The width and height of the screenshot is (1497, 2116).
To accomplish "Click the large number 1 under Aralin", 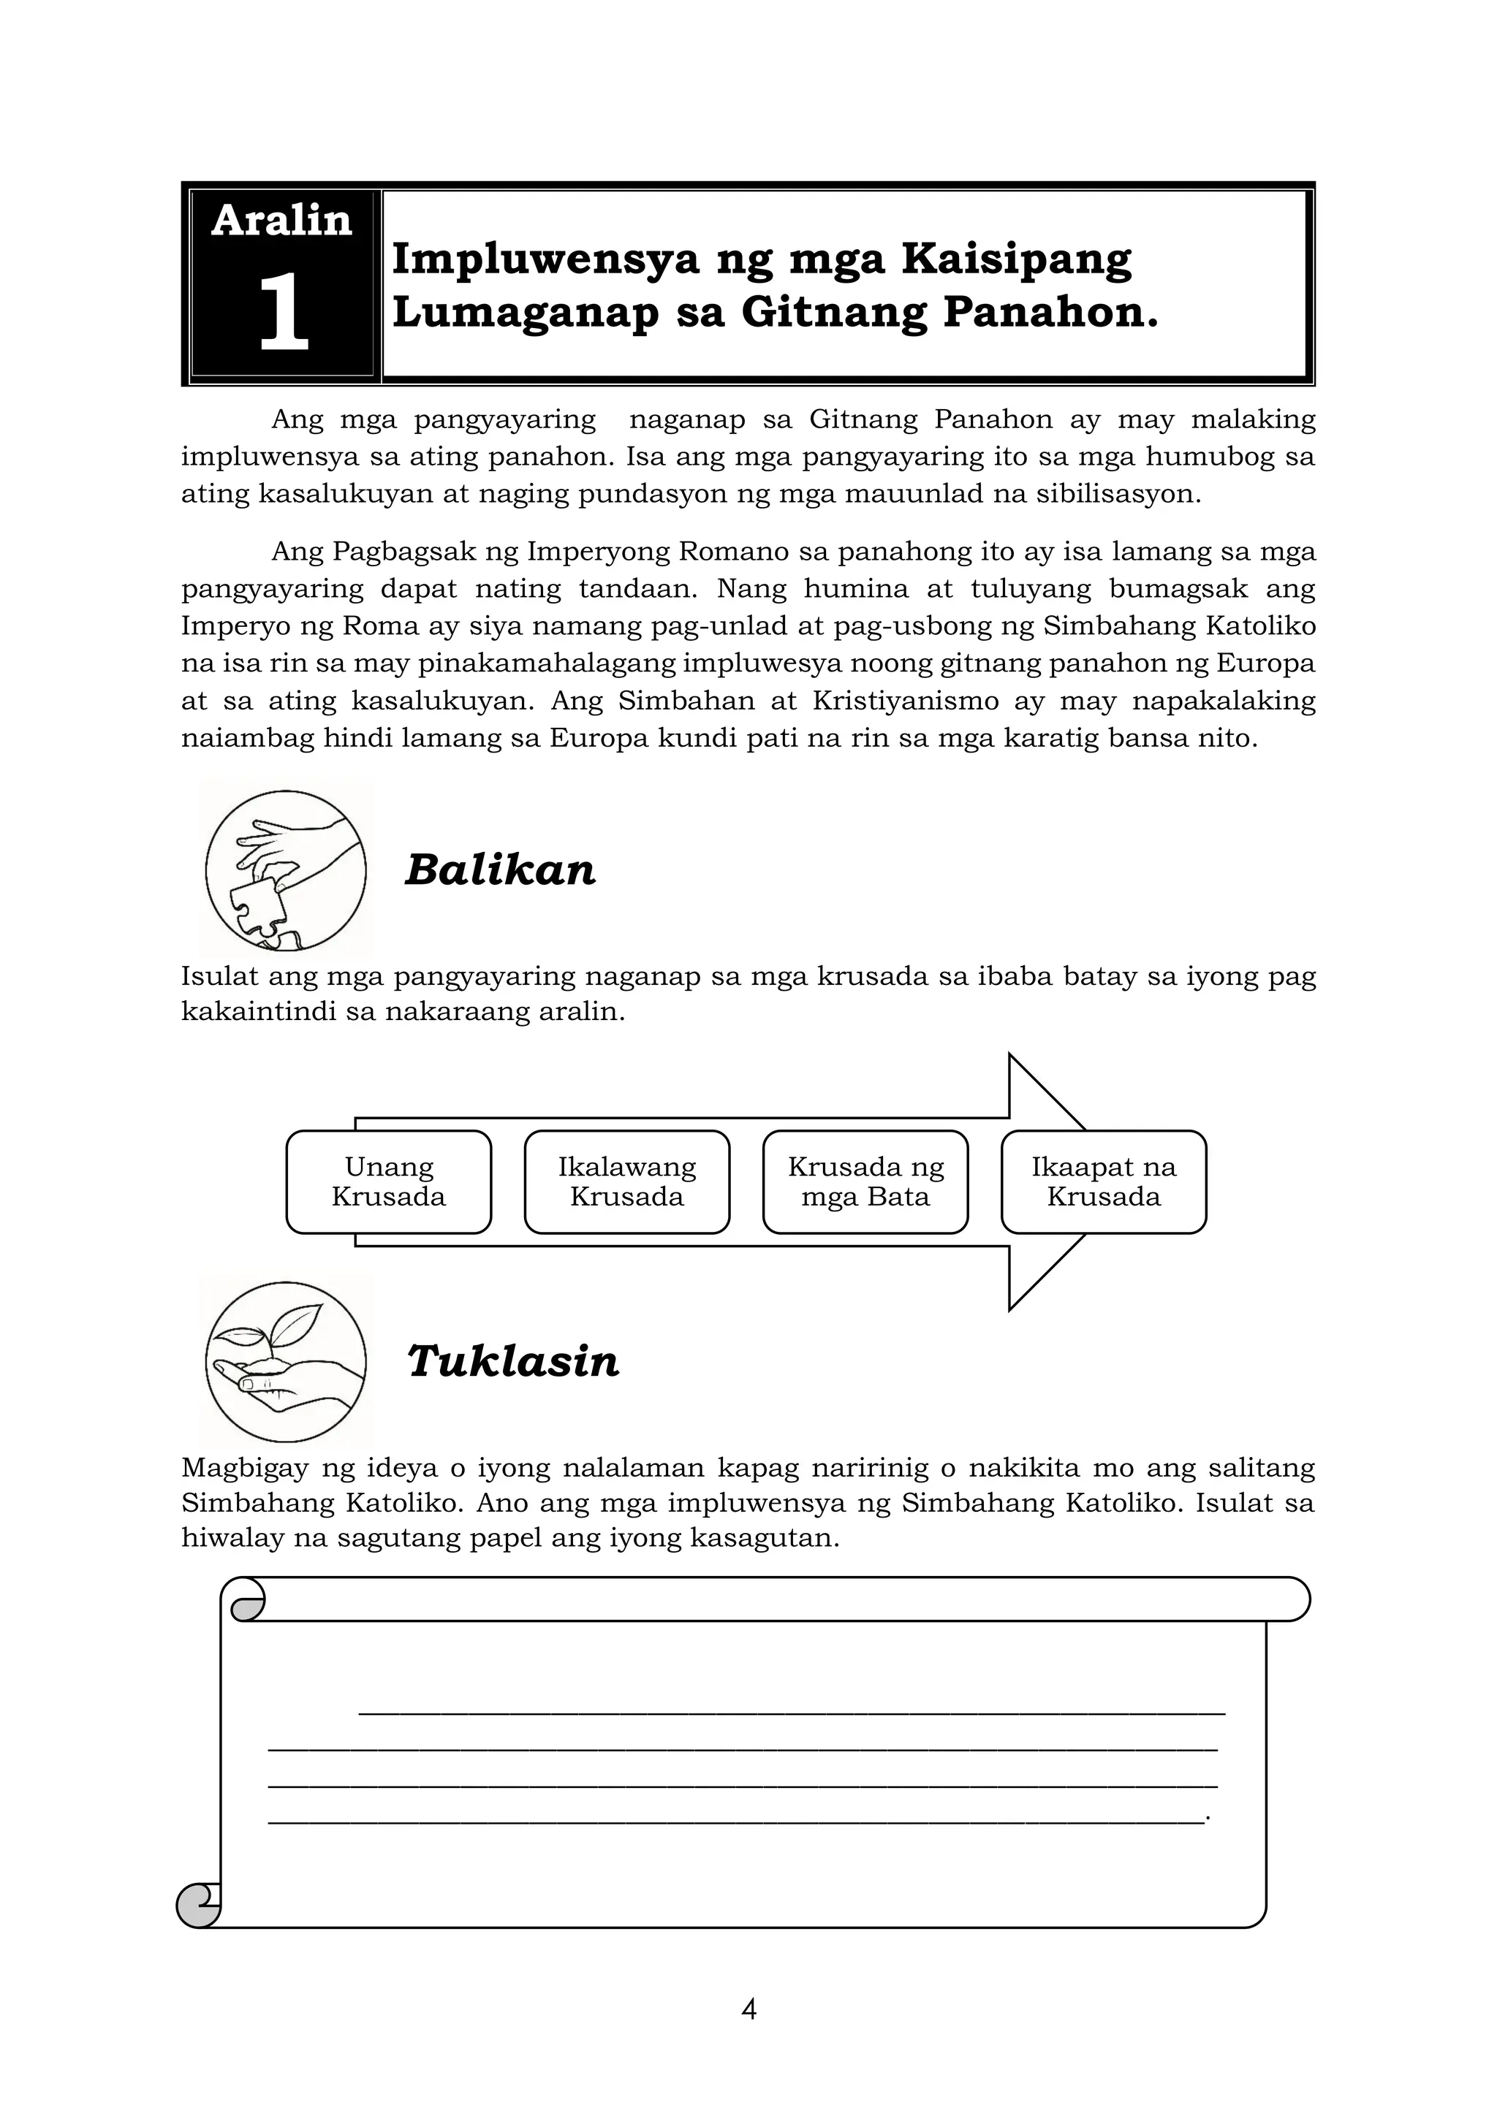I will pos(283,313).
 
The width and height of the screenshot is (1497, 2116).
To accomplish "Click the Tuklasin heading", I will pos(513,1361).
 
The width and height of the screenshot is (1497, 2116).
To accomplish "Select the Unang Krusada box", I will pos(388,1181).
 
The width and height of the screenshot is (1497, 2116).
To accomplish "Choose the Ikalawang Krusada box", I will pos(627,1181).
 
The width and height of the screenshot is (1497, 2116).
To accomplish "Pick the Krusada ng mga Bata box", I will pos(865,1181).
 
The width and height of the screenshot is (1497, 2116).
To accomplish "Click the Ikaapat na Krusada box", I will pos(1104,1181).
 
